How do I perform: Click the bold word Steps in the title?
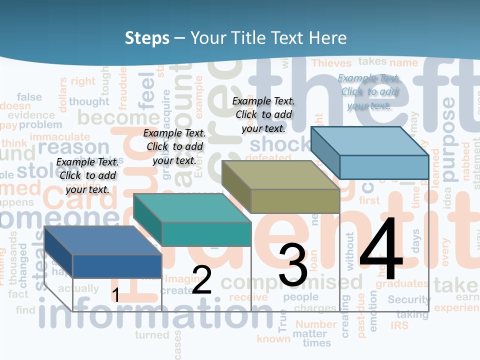147,38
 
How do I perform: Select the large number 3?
293,265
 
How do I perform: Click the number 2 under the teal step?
201,280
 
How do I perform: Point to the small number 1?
115,295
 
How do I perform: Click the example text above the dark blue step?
87,175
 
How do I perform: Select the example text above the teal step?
174,146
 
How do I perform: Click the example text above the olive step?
263,114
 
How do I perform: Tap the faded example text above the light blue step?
369,91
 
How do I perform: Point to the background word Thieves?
332,63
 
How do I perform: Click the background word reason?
73,147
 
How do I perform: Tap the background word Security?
409,300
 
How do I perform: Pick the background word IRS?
400,325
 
